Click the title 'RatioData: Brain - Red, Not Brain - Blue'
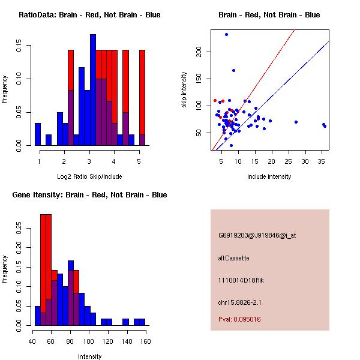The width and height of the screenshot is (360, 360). coord(89,14)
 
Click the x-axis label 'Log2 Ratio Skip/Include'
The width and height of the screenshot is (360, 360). coord(89,176)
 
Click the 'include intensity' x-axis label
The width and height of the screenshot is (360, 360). coord(269,176)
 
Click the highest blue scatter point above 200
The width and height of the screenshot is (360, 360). coord(226,34)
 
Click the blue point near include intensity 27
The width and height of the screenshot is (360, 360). coord(296,122)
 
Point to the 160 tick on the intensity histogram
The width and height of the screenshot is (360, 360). coord(145,341)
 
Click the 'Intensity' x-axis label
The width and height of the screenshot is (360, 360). coord(89,356)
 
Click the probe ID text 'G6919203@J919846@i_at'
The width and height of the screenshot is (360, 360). coord(257,235)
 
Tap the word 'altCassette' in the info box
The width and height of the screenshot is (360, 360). coord(233,258)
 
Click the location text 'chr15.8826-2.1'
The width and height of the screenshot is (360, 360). coord(239,302)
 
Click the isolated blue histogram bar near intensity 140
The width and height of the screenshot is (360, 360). coord(125,322)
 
